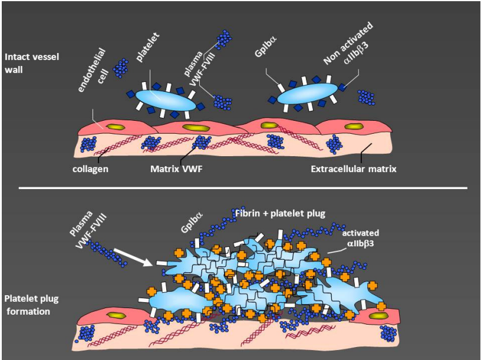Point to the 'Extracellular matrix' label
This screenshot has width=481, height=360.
pyautogui.click(x=353, y=169)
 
